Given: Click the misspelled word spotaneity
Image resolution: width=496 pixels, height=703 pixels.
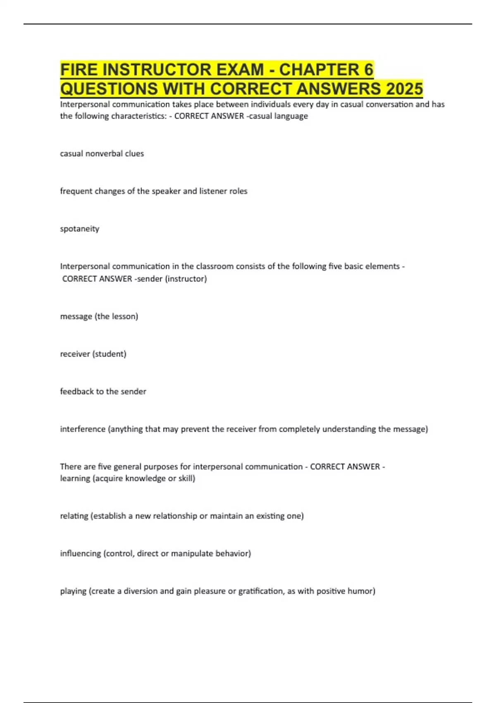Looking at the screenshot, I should (80, 229).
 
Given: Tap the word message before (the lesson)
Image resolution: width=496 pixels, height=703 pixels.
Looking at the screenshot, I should (76, 316).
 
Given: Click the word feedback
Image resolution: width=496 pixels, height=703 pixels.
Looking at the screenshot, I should (77, 392).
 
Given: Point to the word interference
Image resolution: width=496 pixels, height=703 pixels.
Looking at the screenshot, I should (83, 429).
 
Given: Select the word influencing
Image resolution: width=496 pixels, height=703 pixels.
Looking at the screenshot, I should (81, 553).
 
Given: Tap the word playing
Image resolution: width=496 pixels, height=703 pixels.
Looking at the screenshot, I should (73, 591).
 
